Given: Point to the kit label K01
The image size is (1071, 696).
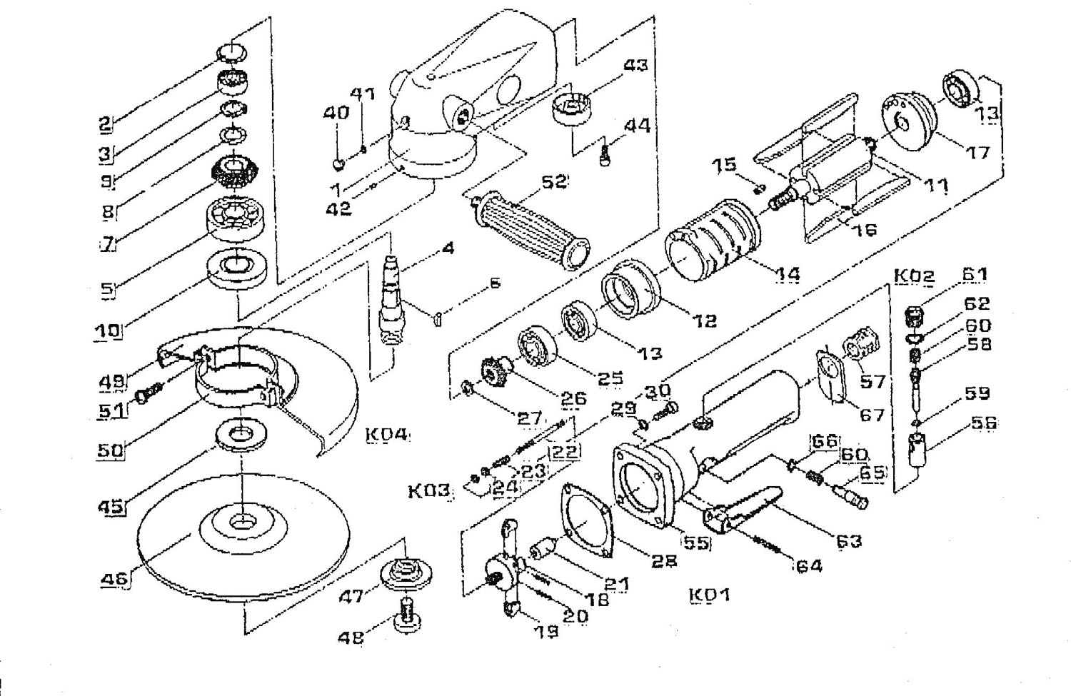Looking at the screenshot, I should [x=710, y=595].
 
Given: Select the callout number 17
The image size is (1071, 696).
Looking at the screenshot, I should [x=978, y=152].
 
